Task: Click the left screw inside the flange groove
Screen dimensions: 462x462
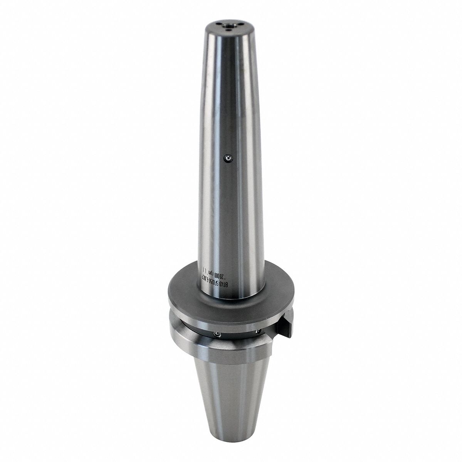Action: pyautogui.click(x=217, y=335)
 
